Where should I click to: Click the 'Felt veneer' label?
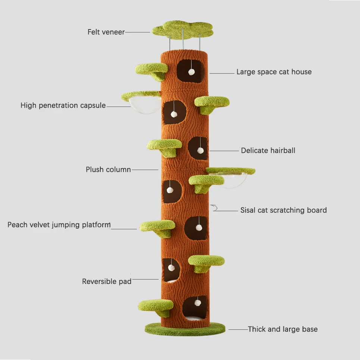[x=106, y=32]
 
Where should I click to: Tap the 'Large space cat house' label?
[x=274, y=72]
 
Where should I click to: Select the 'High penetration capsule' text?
[x=63, y=106]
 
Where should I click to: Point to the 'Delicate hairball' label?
[x=268, y=150]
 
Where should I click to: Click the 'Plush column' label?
[x=108, y=170]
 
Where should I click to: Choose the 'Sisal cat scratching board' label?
[x=283, y=210]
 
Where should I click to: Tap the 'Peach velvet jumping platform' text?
[x=59, y=225]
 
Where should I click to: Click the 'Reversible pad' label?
[x=107, y=281]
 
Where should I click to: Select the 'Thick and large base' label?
[x=283, y=329]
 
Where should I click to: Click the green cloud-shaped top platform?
[x=182, y=29]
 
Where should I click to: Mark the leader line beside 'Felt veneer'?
[x=137, y=32]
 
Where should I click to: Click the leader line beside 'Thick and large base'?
[x=238, y=329]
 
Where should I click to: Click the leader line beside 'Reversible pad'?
[x=145, y=279]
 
